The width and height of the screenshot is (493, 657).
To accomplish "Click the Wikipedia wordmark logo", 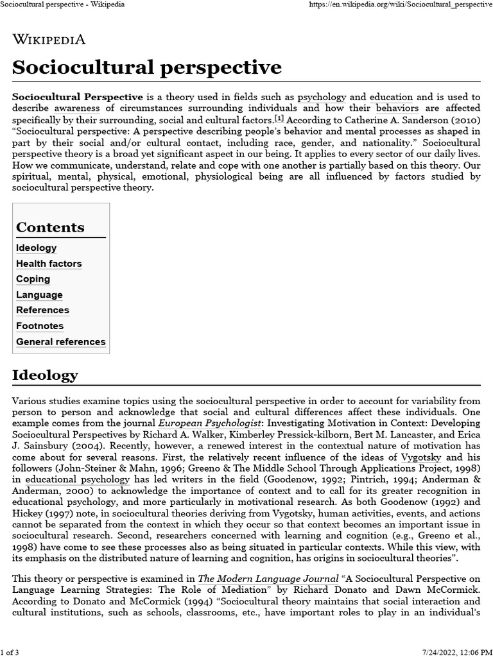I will coord(49,39).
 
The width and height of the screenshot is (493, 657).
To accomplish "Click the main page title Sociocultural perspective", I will coord(146,67).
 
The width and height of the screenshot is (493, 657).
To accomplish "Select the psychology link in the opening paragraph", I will coord(322,97).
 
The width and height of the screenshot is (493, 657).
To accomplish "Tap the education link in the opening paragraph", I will coord(391,97).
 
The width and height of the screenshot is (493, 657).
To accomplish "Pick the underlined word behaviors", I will coord(397,108).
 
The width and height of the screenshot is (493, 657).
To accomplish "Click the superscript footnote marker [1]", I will coord(279,119).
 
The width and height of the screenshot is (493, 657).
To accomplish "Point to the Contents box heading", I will coord(50,227).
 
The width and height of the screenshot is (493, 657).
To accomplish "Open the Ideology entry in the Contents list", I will coord(36,248).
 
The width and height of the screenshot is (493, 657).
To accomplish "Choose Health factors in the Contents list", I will coord(49,264).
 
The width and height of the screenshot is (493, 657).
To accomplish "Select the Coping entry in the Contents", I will coord(33,279).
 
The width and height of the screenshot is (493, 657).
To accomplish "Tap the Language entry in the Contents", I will coord(39,295).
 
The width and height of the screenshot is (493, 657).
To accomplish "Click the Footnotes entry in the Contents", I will coord(40,326).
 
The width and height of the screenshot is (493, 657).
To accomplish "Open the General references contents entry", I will coord(60,342).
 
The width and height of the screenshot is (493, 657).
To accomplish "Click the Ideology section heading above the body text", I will coord(45,375).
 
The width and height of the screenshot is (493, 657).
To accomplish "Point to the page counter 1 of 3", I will coord(10,653).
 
